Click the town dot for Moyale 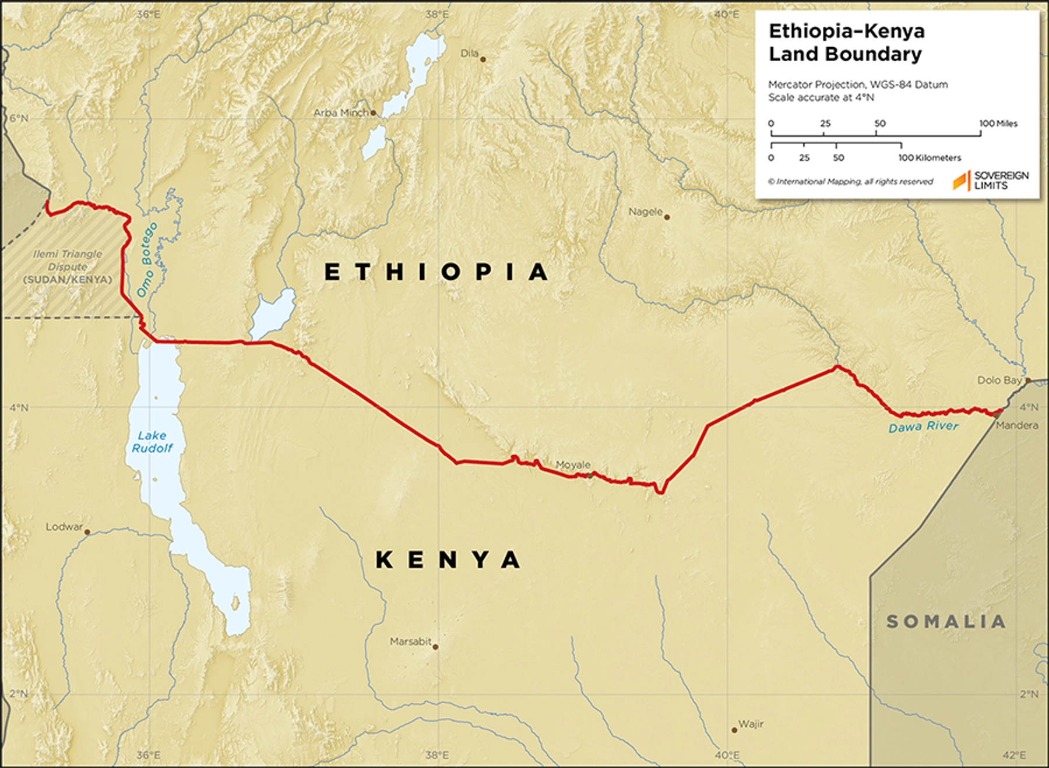(590, 475)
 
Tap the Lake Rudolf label (152, 442)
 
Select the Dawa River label (923, 427)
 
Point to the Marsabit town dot (435, 646)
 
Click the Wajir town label (751, 724)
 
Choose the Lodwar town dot (87, 532)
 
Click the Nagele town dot (667, 217)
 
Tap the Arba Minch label (341, 112)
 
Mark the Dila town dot (483, 59)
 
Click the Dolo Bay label (999, 380)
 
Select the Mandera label (1017, 425)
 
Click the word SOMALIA (946, 622)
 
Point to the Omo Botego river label (147, 259)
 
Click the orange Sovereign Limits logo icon (961, 181)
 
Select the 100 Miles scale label (998, 124)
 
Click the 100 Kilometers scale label (929, 157)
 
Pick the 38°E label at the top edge (437, 14)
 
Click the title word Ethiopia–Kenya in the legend (846, 31)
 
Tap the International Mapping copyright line (850, 182)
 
